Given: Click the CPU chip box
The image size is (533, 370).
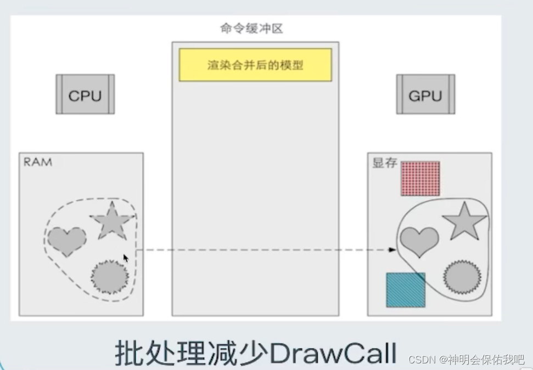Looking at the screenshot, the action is click(x=85, y=94).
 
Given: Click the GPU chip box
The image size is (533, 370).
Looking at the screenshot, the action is click(x=425, y=94).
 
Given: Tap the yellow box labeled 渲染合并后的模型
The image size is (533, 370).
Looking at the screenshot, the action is click(x=255, y=65).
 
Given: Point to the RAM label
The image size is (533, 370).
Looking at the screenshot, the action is click(x=38, y=162).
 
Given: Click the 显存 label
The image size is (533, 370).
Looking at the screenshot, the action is click(x=384, y=163).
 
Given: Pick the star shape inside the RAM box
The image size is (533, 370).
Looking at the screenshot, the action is click(x=112, y=221).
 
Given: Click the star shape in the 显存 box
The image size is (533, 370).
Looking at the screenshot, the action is click(x=464, y=222).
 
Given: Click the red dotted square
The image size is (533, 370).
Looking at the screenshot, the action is click(x=420, y=178).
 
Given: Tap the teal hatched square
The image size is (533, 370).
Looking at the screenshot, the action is click(x=406, y=290).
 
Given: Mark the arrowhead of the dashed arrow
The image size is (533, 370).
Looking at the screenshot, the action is click(x=392, y=249).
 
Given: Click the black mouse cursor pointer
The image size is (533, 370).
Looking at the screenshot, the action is click(x=126, y=258).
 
